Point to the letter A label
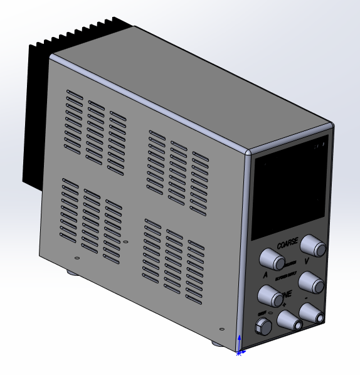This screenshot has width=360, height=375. coord(265,274)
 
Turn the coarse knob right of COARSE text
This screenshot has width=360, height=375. coord(313,246)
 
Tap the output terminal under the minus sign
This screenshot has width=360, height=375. coord(312,312)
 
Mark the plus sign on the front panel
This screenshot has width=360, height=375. coord(284,305)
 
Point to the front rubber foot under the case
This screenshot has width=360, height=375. coord(216,343)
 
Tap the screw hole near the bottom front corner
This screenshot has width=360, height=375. coord(220,327)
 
